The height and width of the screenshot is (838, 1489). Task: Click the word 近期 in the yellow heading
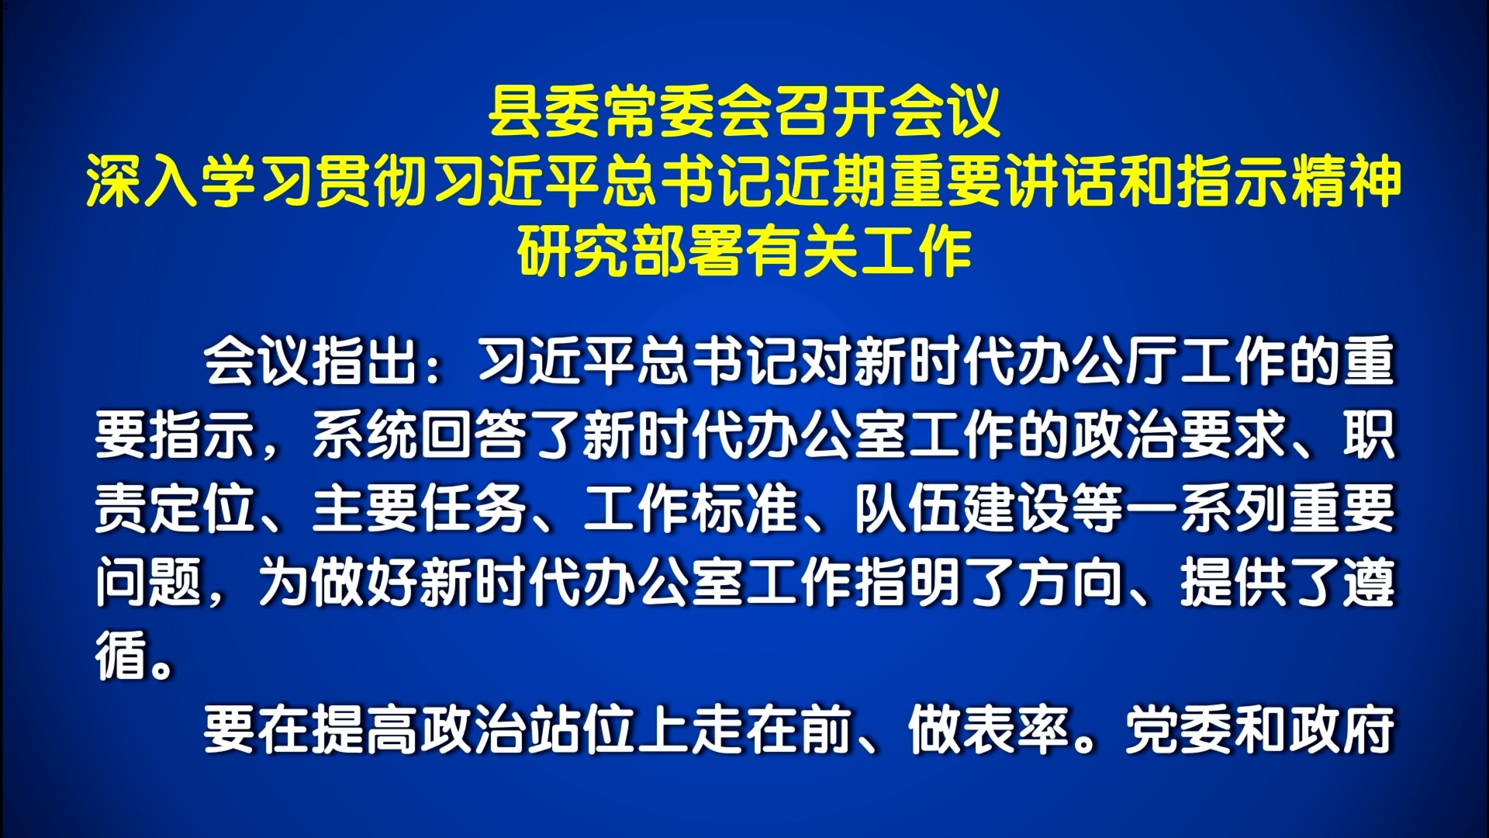tap(830, 183)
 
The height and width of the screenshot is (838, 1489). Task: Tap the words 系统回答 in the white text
tap(420, 435)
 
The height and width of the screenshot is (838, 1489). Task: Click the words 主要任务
tap(420, 508)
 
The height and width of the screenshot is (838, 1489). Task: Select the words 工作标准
tap(691, 508)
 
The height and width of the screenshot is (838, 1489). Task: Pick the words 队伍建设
tap(962, 508)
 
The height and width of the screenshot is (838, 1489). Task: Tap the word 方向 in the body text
tap(1071, 582)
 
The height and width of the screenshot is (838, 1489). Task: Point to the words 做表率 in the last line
tap(990, 729)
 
